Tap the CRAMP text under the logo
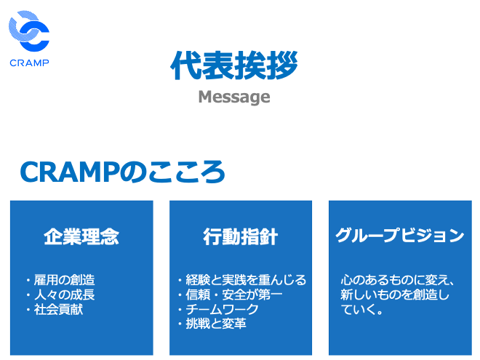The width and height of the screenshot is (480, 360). click(x=29, y=63)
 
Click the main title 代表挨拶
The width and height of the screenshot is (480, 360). click(x=234, y=65)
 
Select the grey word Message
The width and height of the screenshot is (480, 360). click(x=234, y=97)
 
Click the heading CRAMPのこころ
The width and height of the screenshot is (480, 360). click(x=123, y=172)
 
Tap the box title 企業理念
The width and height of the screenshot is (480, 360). click(x=81, y=236)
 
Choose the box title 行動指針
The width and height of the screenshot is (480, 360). click(x=241, y=236)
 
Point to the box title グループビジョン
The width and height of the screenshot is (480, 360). click(x=400, y=236)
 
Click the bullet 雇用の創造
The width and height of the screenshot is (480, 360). click(x=64, y=280)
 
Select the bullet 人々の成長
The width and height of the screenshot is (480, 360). click(x=64, y=295)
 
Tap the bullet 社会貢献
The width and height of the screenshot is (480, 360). click(x=58, y=309)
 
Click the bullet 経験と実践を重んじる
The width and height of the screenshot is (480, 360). click(x=246, y=280)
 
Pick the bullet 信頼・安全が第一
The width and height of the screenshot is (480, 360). click(x=234, y=295)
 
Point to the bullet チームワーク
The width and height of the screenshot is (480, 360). click(x=222, y=309)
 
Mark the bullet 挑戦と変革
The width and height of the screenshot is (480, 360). click(x=216, y=324)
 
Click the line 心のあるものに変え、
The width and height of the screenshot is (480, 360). click(x=397, y=280)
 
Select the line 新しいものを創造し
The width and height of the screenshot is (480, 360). click(x=395, y=295)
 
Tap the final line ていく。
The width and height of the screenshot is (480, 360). click(x=362, y=309)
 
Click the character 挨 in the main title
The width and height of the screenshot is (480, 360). click(x=250, y=65)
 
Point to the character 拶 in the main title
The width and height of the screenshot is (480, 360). click(x=282, y=65)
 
